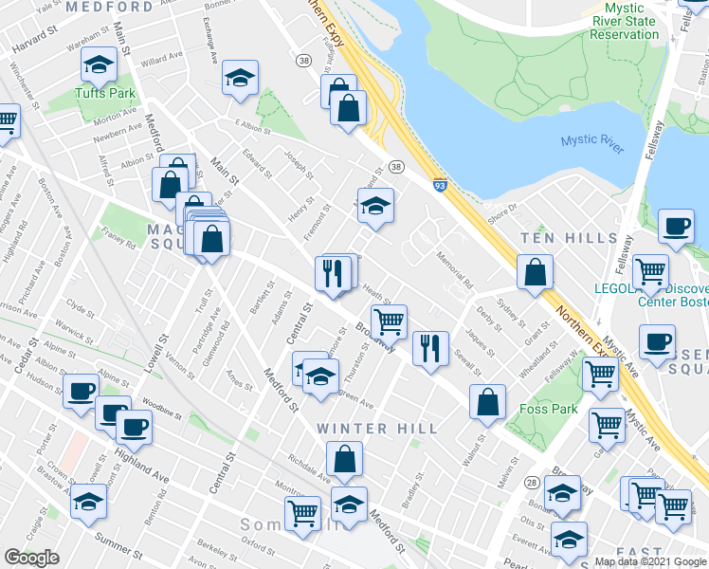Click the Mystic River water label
(592, 140)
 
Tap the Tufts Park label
(105, 94)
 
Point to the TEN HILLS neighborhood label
(580, 238)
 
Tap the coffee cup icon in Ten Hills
(676, 227)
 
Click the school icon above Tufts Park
(98, 65)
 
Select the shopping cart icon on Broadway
(389, 321)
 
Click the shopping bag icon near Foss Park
(487, 401)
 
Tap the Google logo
(31, 558)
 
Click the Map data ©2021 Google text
(650, 560)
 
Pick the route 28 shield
(533, 483)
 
